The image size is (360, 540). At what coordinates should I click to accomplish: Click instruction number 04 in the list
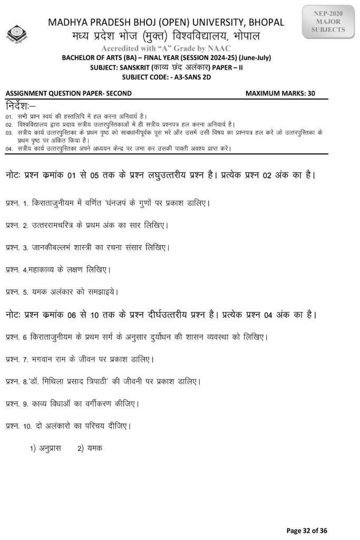(x=9, y=149)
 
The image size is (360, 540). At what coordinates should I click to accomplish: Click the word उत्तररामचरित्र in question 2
(x=59, y=225)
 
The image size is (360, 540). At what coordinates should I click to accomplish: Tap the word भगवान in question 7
(x=45, y=359)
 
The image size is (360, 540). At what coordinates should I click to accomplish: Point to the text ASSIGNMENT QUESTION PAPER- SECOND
(x=69, y=93)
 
